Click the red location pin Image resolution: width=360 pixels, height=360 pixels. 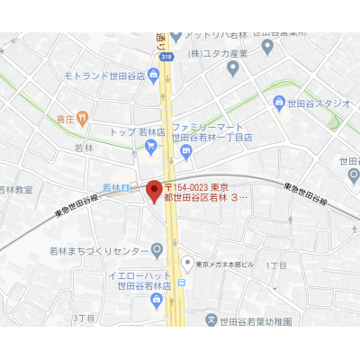(153, 192)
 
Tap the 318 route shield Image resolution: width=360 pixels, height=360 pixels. (166, 57)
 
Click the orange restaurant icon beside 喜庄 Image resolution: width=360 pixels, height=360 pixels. (83, 117)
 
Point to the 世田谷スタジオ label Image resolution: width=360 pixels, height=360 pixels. (319, 103)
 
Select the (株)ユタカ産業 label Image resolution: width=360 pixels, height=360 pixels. (219, 54)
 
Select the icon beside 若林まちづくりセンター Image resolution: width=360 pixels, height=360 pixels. (157, 249)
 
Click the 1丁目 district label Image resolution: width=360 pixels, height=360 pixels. (276, 266)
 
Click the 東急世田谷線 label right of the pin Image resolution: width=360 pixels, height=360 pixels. (302, 191)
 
